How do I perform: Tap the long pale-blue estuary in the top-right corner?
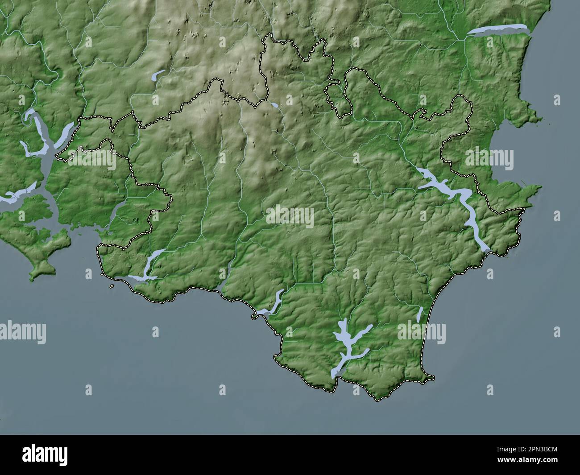click(498, 29)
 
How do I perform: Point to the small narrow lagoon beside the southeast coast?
click(419, 314)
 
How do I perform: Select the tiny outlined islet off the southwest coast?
click(112, 286)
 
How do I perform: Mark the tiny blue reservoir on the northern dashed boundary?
click(274, 105)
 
